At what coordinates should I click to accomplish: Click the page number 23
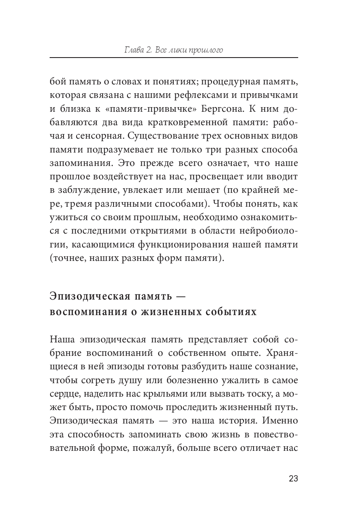click(293, 479)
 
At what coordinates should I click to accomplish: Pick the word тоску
click(258, 394)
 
